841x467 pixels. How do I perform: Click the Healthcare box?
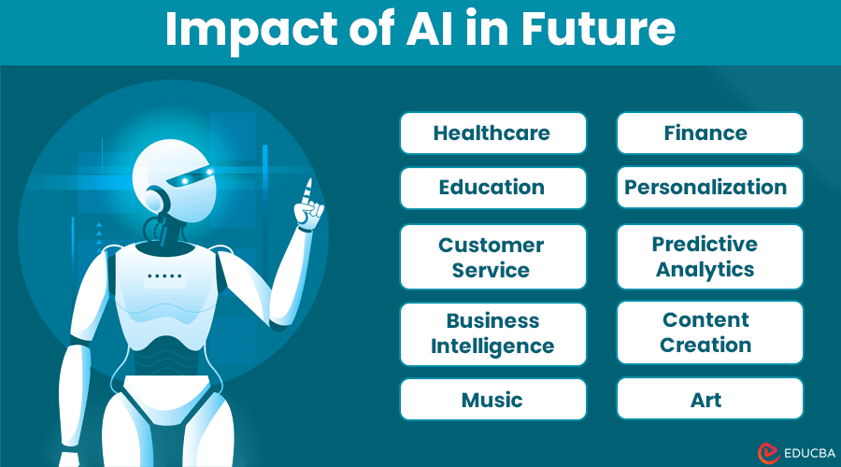492,133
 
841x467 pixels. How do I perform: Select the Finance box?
709,133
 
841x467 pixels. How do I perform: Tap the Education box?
492,188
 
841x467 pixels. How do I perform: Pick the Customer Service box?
492,257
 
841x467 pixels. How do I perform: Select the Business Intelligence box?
492,333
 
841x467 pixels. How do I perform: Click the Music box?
492,400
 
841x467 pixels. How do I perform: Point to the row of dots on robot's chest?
164,276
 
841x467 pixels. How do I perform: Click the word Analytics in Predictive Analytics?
706,270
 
